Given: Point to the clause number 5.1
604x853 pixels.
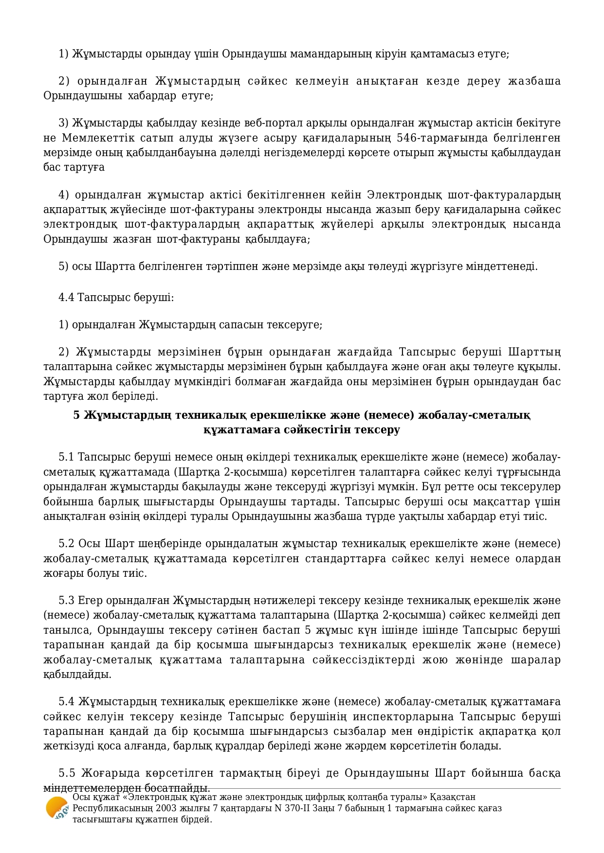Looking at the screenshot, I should click(66, 457).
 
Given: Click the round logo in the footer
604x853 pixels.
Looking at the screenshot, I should click(56, 808).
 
